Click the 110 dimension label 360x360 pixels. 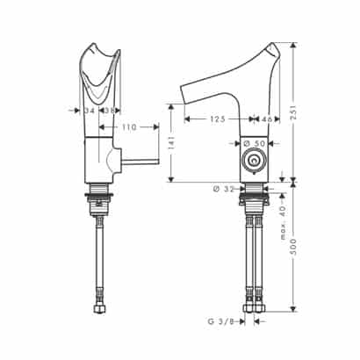[x=129, y=127]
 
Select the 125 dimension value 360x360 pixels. [x=218, y=119]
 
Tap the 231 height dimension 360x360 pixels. [x=295, y=112]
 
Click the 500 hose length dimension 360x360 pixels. [x=294, y=247]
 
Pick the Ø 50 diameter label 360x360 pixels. [x=254, y=144]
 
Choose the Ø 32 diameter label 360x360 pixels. [x=224, y=189]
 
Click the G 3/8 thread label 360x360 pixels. [x=221, y=321]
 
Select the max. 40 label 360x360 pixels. [x=284, y=223]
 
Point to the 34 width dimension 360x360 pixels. [x=90, y=111]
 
